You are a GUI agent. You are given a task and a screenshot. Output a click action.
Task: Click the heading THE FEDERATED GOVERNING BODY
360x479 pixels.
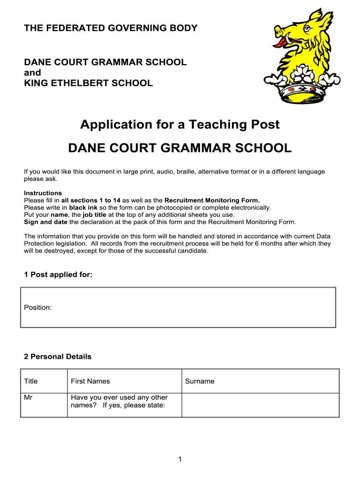(111, 28)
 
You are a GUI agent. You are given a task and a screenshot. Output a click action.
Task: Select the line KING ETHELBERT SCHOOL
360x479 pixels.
(88, 83)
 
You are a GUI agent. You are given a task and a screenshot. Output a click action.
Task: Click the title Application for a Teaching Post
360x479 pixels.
(180, 124)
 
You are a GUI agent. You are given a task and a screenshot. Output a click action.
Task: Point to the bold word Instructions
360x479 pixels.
(43, 193)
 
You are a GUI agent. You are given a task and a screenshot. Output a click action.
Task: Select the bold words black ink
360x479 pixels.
(83, 207)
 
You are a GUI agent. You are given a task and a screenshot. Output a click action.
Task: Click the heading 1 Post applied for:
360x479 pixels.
(58, 275)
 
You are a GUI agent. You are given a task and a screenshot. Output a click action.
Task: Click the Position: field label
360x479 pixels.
(38, 307)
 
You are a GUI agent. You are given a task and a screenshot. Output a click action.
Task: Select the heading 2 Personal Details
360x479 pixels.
(58, 356)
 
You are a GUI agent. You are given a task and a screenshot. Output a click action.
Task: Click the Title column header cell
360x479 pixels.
(31, 381)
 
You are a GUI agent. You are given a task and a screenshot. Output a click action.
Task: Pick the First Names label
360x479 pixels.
(90, 381)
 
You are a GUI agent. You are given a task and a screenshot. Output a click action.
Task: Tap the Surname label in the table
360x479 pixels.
(200, 381)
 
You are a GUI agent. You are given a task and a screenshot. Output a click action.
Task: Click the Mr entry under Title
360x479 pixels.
(29, 398)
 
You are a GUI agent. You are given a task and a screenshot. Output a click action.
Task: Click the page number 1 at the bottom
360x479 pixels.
(180, 460)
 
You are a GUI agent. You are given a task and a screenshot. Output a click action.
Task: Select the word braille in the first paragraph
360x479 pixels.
(186, 172)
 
